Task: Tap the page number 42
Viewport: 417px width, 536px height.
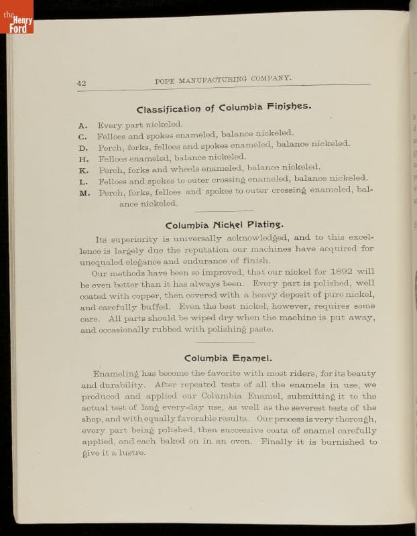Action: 81,83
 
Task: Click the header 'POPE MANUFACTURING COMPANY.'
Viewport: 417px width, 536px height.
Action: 223,80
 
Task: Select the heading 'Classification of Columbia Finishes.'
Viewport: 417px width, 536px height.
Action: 224,108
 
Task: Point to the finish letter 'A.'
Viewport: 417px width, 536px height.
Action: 82,125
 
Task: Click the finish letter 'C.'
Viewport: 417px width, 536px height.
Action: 83,137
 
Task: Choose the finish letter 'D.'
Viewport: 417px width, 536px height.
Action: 83,148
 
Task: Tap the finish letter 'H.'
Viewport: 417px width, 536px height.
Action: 84,159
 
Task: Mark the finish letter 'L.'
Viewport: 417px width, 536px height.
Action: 84,182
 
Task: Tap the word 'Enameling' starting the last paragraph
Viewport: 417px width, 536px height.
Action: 115,374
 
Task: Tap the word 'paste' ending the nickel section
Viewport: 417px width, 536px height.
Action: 257,330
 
